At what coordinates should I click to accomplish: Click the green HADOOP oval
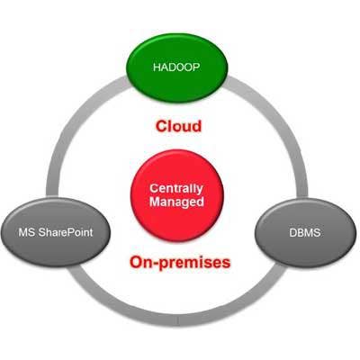[x=177, y=67]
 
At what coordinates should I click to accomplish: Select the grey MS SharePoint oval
[x=56, y=232]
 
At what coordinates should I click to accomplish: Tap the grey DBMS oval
[x=305, y=233]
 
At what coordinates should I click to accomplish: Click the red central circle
[x=177, y=195]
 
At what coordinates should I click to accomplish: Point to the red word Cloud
[x=178, y=126]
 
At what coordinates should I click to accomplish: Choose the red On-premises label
[x=180, y=262]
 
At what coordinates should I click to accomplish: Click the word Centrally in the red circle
[x=176, y=189]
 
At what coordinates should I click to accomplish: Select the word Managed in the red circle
[x=176, y=202]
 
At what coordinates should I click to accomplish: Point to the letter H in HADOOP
[x=157, y=67]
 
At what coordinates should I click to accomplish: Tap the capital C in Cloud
[x=161, y=126]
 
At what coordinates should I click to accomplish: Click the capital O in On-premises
[x=136, y=262]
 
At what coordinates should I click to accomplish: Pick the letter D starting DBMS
[x=293, y=233]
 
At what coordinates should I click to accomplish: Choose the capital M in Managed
[x=155, y=201]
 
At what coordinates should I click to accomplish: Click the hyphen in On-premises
[x=156, y=264]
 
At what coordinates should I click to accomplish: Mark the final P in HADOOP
[x=196, y=67]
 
